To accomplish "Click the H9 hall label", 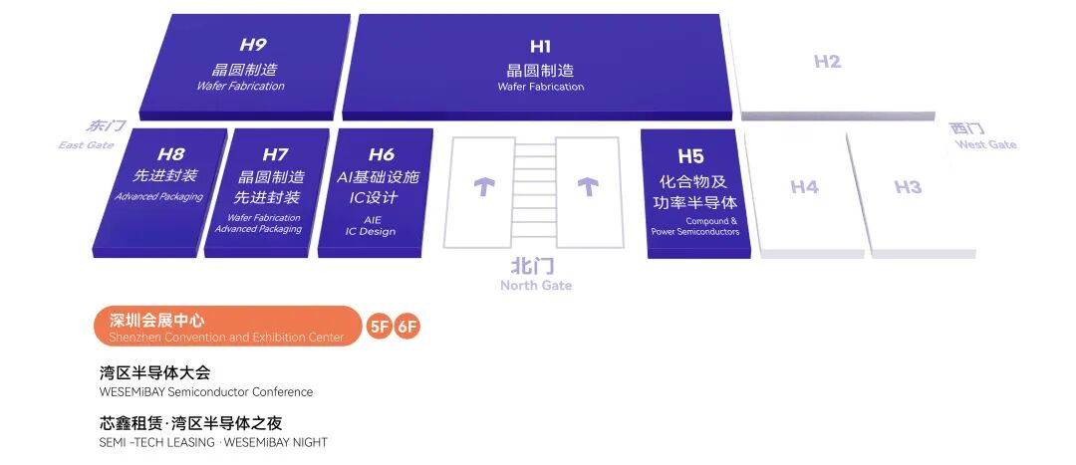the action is [x=252, y=45].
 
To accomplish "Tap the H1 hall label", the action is [x=540, y=46].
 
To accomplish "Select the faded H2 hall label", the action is [x=827, y=61].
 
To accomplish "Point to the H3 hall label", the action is [x=908, y=186].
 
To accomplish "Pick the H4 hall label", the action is [x=804, y=186].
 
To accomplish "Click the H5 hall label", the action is [x=690, y=156].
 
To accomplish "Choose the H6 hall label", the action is [x=382, y=155].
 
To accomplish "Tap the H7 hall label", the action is [x=275, y=155].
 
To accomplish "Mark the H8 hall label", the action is [x=170, y=154].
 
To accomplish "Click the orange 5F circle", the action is [x=379, y=327].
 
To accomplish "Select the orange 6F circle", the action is [x=406, y=327].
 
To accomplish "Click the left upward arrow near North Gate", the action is [x=484, y=186].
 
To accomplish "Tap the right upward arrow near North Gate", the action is [x=588, y=186].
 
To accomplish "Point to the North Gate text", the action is [x=535, y=286].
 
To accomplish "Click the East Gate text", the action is [x=86, y=144].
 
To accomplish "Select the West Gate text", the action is [x=986, y=144].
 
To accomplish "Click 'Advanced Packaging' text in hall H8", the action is [x=159, y=197].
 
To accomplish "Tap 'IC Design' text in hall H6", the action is [x=371, y=232].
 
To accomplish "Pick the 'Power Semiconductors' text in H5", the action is [x=695, y=232].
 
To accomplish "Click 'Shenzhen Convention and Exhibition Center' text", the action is [x=226, y=337].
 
